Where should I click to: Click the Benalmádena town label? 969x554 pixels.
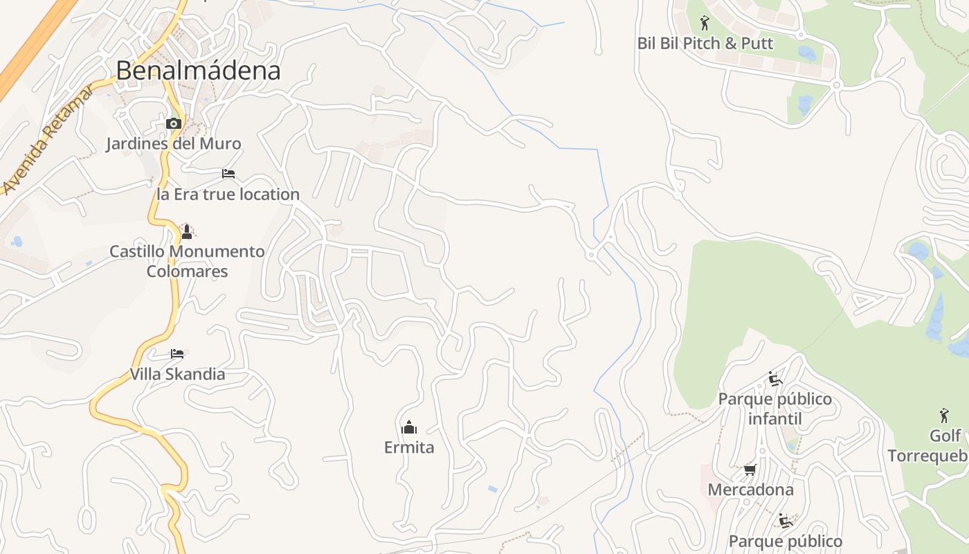click(x=198, y=71)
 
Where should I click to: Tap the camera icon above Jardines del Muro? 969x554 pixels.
click(x=173, y=124)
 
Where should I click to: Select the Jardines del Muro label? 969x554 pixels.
click(x=173, y=144)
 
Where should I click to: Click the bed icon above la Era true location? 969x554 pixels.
click(x=228, y=174)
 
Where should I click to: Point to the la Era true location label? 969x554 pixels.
click(x=228, y=195)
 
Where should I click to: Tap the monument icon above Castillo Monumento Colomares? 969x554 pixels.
click(x=186, y=231)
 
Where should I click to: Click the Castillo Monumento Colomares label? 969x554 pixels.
click(x=187, y=261)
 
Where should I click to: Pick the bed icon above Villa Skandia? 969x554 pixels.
click(x=177, y=354)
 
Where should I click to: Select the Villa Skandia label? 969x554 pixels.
click(x=177, y=375)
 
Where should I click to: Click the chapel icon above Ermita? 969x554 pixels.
click(x=409, y=427)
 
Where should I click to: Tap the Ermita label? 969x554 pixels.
click(x=409, y=447)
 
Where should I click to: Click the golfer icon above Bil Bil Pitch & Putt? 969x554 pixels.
click(x=705, y=23)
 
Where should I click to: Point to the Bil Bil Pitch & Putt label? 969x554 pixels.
click(x=705, y=44)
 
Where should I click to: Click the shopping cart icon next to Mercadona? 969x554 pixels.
click(x=750, y=470)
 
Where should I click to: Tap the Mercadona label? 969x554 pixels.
click(x=750, y=490)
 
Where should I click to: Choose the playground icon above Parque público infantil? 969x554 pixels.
click(x=775, y=379)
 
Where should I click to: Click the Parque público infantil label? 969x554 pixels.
click(x=775, y=409)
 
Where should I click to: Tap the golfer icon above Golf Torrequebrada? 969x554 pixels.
click(x=944, y=415)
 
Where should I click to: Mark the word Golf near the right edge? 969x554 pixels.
click(x=945, y=436)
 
